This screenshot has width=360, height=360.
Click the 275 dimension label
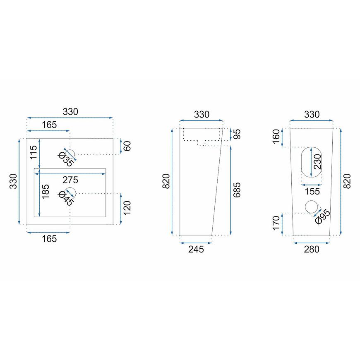[x=70, y=180]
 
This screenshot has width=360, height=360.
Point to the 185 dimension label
[x=46, y=192]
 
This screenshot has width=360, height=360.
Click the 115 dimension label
[x=33, y=152]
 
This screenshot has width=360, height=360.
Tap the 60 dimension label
[x=127, y=146]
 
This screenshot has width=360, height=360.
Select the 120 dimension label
[x=127, y=208]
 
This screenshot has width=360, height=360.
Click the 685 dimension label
[x=237, y=190]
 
